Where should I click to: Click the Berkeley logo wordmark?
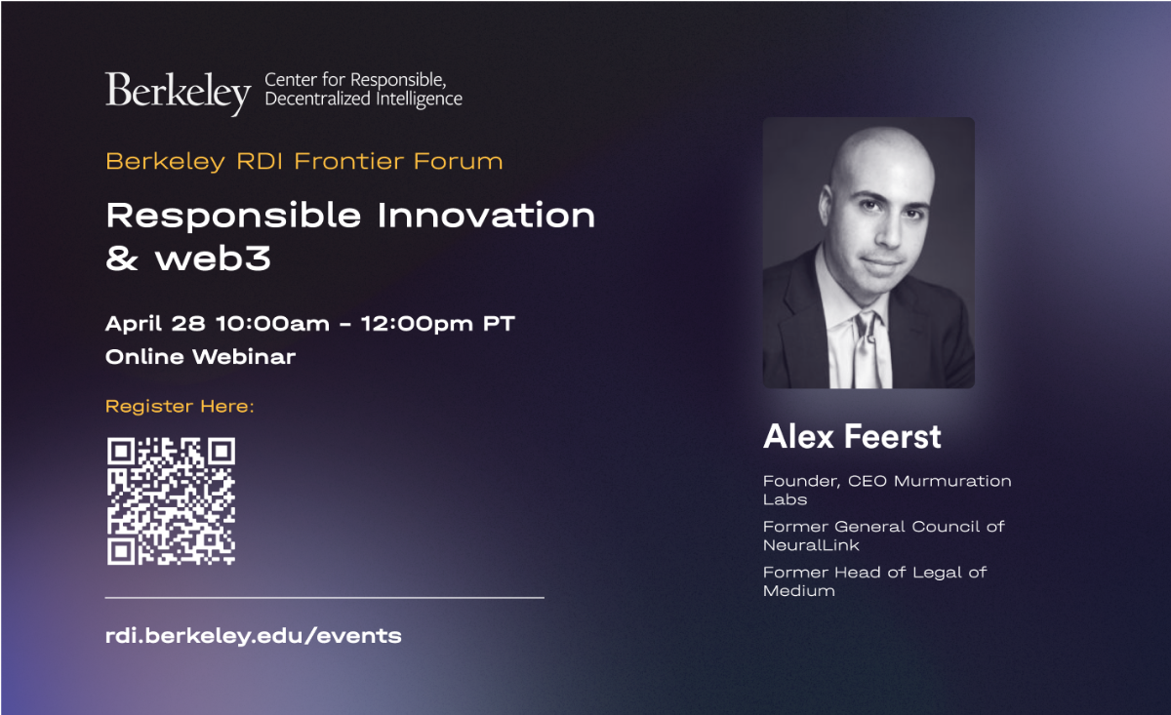point(179,93)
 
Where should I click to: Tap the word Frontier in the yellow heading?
point(349,161)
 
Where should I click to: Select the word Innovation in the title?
point(486,216)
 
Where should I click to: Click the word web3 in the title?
point(213,258)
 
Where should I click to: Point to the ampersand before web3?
point(122,258)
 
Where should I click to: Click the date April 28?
point(155,324)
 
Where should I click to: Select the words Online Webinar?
point(200,357)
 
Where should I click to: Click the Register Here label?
point(180,406)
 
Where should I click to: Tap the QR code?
point(171,500)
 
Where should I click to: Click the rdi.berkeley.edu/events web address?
point(254,636)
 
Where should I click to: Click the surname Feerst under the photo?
point(893,436)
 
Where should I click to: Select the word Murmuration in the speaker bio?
point(952,481)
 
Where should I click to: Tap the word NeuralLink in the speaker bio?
point(811,545)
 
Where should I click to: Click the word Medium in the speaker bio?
point(799,590)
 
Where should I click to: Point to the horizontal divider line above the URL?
point(325,597)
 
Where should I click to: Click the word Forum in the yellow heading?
point(458,161)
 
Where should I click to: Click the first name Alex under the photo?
point(798,436)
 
